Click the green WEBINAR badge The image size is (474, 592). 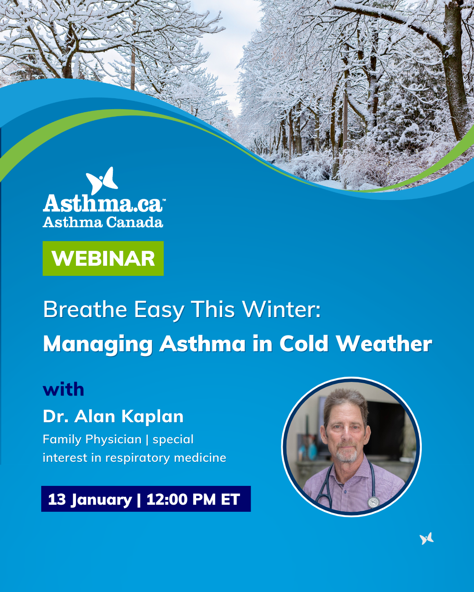coord(103,258)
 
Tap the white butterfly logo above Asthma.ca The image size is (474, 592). coord(102,181)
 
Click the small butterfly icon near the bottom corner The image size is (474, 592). coord(426,539)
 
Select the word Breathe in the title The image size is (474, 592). coord(85,310)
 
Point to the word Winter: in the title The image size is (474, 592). coord(281,310)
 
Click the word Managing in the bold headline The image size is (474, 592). coord(98,345)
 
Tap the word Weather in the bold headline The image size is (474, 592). coord(384,344)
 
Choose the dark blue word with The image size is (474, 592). coord(63,389)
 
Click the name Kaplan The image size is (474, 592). coord(152,417)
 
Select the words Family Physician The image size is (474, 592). coord(92,439)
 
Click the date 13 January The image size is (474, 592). coord(90,499)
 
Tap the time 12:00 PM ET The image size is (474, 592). coord(193,499)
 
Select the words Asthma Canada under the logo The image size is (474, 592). coord(103,222)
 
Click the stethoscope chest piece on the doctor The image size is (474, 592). coord(373,503)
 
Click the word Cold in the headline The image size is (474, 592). coord(304,344)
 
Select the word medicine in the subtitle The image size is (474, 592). coord(200,458)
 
